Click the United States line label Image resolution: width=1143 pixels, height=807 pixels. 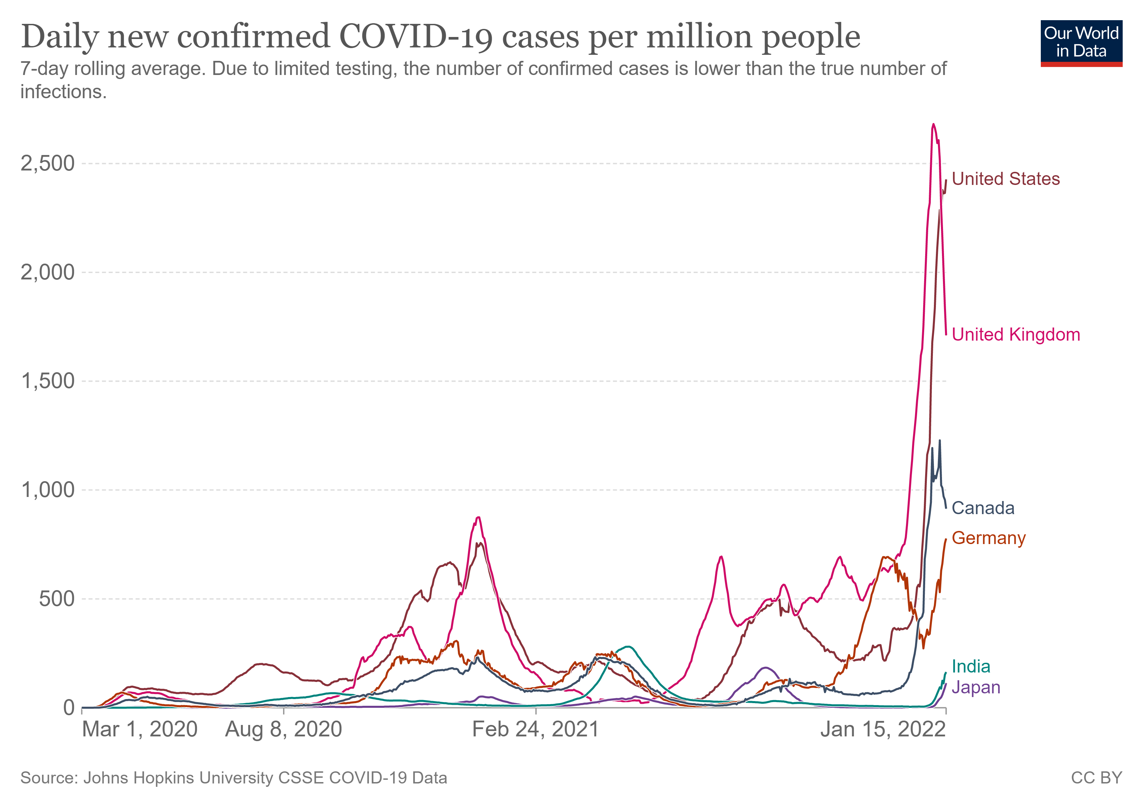[x=1005, y=179]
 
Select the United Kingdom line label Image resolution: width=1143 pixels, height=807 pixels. [x=1016, y=335]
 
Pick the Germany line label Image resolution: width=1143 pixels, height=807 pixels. [x=988, y=538]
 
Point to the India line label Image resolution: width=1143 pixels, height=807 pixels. [x=971, y=666]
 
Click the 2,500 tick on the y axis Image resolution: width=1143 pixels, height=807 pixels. [x=47, y=163]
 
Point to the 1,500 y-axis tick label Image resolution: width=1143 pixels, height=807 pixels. [x=47, y=381]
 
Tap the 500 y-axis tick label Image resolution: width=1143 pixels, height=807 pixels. [x=56, y=599]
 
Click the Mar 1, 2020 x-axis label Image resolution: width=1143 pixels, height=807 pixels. [x=140, y=730]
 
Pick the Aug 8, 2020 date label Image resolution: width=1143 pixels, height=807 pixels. [x=284, y=730]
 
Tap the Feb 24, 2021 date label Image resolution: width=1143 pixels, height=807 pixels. [x=535, y=730]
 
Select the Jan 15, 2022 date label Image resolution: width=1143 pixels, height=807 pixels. [x=883, y=730]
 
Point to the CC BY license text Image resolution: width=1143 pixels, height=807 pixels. [x=1096, y=778]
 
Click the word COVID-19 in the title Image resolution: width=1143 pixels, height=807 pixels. [x=416, y=37]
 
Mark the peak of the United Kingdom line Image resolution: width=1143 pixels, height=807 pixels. [x=933, y=124]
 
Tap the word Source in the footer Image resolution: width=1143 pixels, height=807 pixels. [x=49, y=778]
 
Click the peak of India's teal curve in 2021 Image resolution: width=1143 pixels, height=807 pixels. [x=628, y=647]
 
